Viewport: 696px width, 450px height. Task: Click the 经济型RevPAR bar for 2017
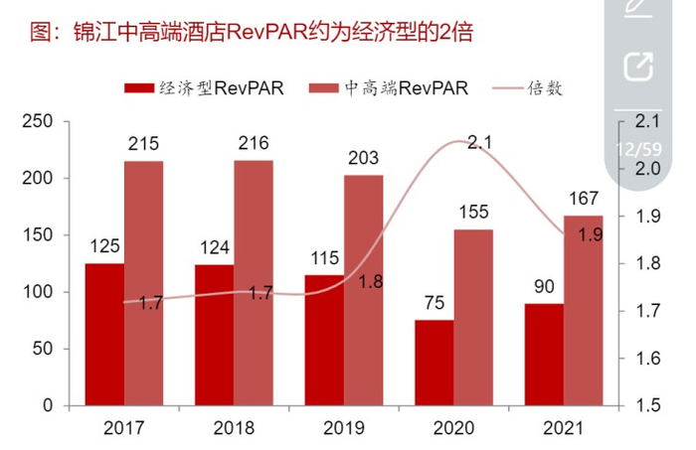tap(104, 334)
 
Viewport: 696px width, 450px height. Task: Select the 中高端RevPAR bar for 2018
tap(254, 283)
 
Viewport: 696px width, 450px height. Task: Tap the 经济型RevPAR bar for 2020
tap(434, 363)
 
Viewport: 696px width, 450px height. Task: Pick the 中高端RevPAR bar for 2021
tap(583, 310)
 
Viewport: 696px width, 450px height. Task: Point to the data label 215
tap(144, 144)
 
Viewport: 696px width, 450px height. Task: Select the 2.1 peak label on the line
tap(480, 142)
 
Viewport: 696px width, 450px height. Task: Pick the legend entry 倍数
tap(548, 87)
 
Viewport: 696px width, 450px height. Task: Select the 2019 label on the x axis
tap(344, 427)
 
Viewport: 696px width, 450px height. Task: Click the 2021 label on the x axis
tap(564, 427)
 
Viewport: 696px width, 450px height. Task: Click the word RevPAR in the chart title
tap(260, 34)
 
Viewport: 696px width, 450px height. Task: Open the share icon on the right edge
tap(637, 68)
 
